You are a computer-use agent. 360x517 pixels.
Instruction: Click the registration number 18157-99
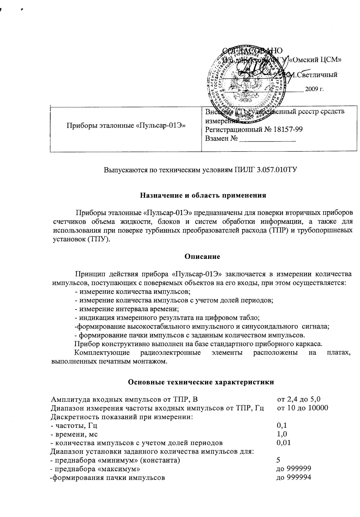pyautogui.click(x=287, y=130)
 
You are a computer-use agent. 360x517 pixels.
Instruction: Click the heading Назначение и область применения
pyautogui.click(x=203, y=195)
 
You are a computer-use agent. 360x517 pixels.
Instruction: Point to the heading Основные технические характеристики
pyautogui.click(x=201, y=382)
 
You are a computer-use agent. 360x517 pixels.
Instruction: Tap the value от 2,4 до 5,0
pyautogui.click(x=299, y=399)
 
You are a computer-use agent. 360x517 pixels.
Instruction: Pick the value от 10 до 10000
pyautogui.click(x=302, y=408)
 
